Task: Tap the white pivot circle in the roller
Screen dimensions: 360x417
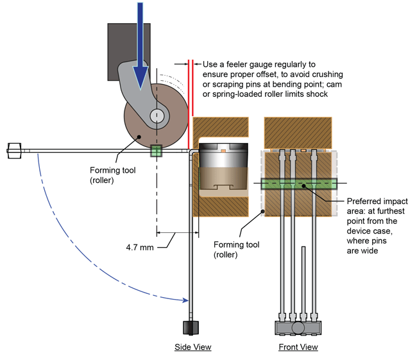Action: click(156, 116)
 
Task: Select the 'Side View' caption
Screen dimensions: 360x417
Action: click(192, 347)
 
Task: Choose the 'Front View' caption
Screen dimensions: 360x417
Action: click(298, 347)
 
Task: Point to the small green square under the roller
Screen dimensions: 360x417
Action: click(156, 151)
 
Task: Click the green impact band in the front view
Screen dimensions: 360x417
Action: click(298, 184)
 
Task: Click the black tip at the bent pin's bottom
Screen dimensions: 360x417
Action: click(190, 327)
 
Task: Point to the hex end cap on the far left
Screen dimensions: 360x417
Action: click(13, 151)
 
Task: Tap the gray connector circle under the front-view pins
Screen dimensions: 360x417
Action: click(298, 327)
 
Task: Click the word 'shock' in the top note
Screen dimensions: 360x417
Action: click(318, 94)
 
